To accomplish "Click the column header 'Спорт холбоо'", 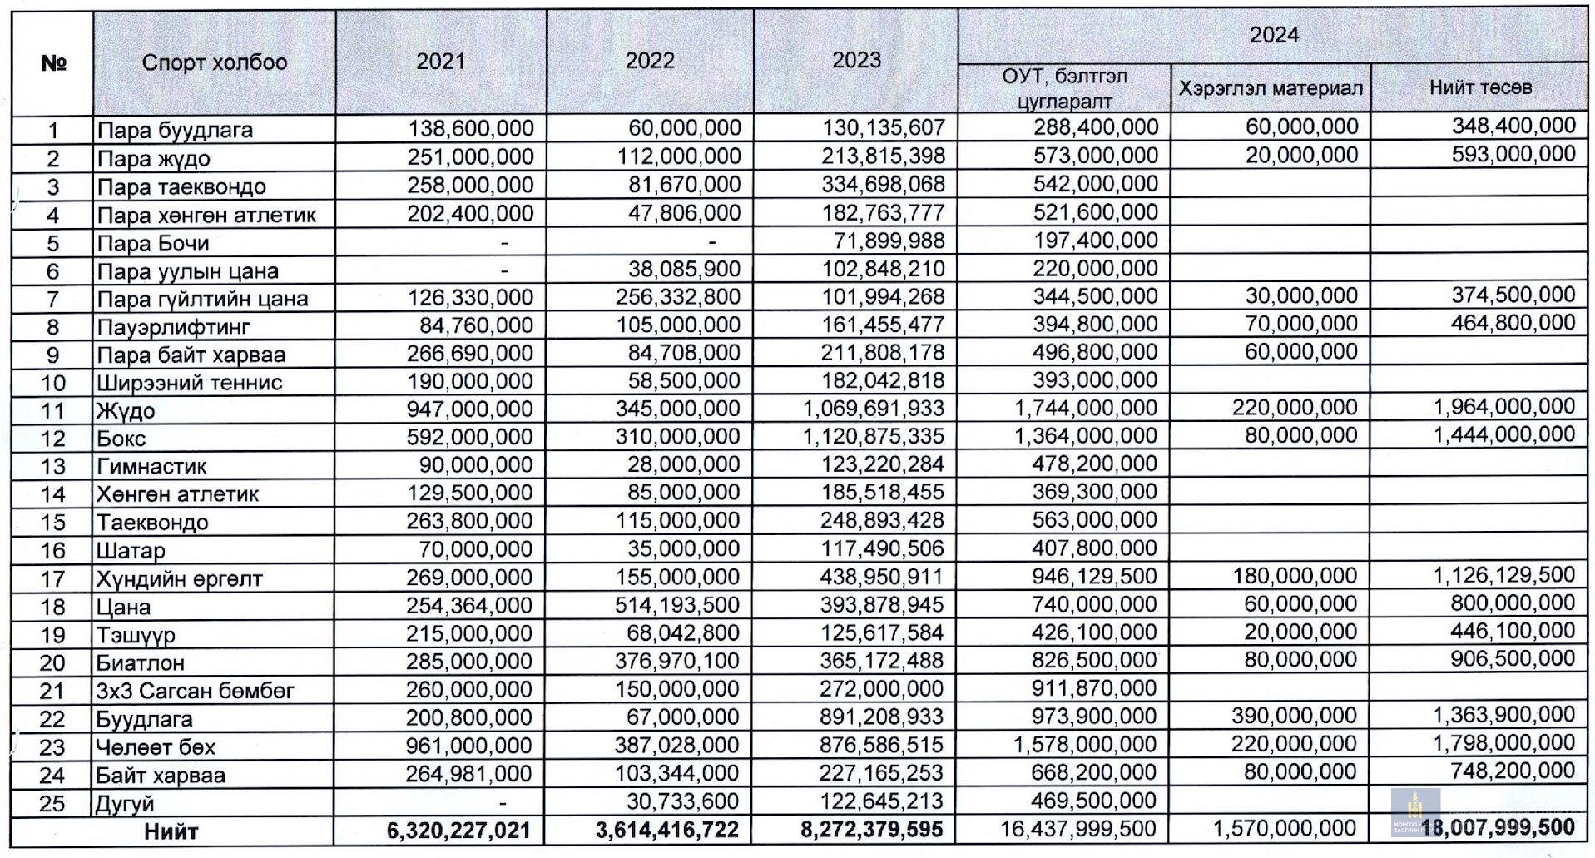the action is point(215,62).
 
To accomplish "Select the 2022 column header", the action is point(650,61).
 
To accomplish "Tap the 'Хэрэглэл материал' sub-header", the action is point(1271,88).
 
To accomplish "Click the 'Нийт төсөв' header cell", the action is point(1480,87).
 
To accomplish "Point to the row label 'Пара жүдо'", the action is point(153,158).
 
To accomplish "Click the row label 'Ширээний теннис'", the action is point(190,382).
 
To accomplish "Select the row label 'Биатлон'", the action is point(141,662).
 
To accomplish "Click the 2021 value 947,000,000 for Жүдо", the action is point(470,409).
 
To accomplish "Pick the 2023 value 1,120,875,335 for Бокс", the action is point(874,436).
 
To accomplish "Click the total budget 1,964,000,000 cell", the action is point(1504,406).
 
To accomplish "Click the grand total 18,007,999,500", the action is point(1498,828).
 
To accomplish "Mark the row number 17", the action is point(52,578).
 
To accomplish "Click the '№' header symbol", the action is point(53,63).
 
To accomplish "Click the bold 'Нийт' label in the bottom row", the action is point(171,831).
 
